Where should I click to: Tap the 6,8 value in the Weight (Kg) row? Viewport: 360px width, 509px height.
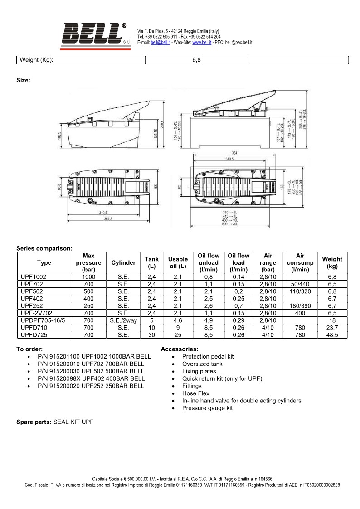click(x=196, y=60)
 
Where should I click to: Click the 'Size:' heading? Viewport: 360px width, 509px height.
click(x=24, y=80)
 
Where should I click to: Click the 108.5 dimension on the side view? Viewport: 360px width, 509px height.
click(x=59, y=136)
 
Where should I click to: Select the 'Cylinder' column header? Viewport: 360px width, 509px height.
click(x=123, y=263)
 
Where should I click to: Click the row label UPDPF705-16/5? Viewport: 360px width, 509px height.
click(x=44, y=320)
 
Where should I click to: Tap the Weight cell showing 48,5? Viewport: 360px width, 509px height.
click(x=332, y=335)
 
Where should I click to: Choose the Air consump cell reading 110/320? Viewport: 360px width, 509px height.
click(x=300, y=291)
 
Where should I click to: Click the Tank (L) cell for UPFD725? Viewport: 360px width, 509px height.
click(x=151, y=335)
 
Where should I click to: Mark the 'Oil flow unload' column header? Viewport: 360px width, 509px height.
click(x=209, y=263)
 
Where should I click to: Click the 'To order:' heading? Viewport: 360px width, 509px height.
click(x=29, y=349)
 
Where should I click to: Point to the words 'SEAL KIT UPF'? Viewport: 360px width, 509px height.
click(x=73, y=422)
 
